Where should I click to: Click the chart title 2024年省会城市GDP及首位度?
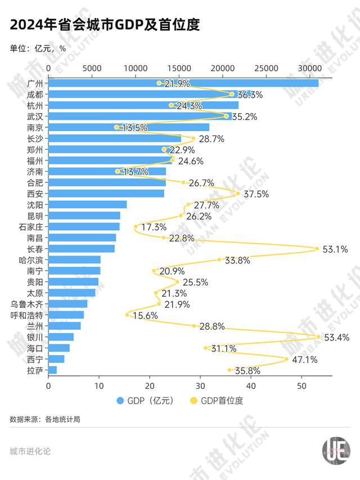(x=104, y=25)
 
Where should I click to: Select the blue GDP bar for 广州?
(x=183, y=83)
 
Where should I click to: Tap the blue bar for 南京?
(x=129, y=127)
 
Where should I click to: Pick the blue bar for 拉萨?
(x=53, y=370)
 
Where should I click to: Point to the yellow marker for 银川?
(x=318, y=337)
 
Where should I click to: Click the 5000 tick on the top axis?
(x=92, y=68)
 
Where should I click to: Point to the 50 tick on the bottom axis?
(x=301, y=386)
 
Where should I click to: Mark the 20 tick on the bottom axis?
(x=150, y=386)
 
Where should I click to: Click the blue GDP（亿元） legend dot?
(x=120, y=401)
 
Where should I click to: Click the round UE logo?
(x=336, y=451)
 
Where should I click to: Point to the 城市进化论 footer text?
(x=30, y=451)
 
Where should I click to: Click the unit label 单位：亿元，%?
(x=38, y=48)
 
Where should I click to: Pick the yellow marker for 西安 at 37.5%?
(x=238, y=194)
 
